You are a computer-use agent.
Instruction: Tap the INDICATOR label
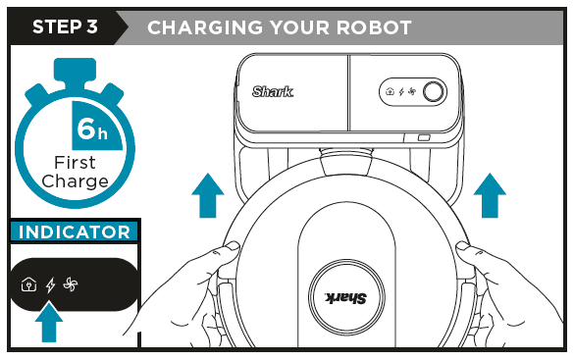click(x=75, y=232)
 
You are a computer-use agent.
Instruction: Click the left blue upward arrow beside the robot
click(x=206, y=195)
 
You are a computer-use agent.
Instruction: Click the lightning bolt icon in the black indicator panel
click(x=51, y=284)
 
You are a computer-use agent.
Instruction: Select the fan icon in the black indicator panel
click(x=70, y=284)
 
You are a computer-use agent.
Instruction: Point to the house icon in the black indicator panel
click(x=29, y=285)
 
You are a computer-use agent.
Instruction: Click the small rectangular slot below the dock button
click(x=424, y=138)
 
